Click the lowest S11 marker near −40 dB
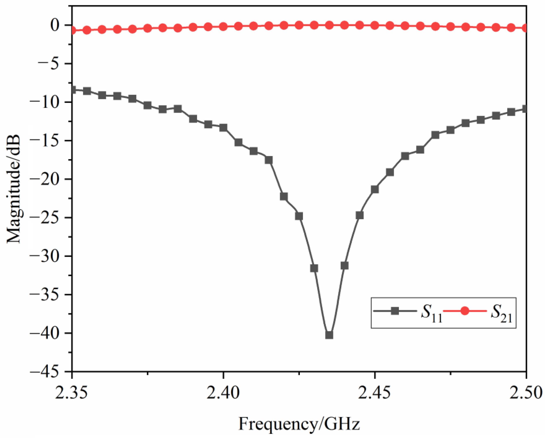329,335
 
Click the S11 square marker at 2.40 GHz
223,128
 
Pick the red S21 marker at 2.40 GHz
223,27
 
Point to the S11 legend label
431,313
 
